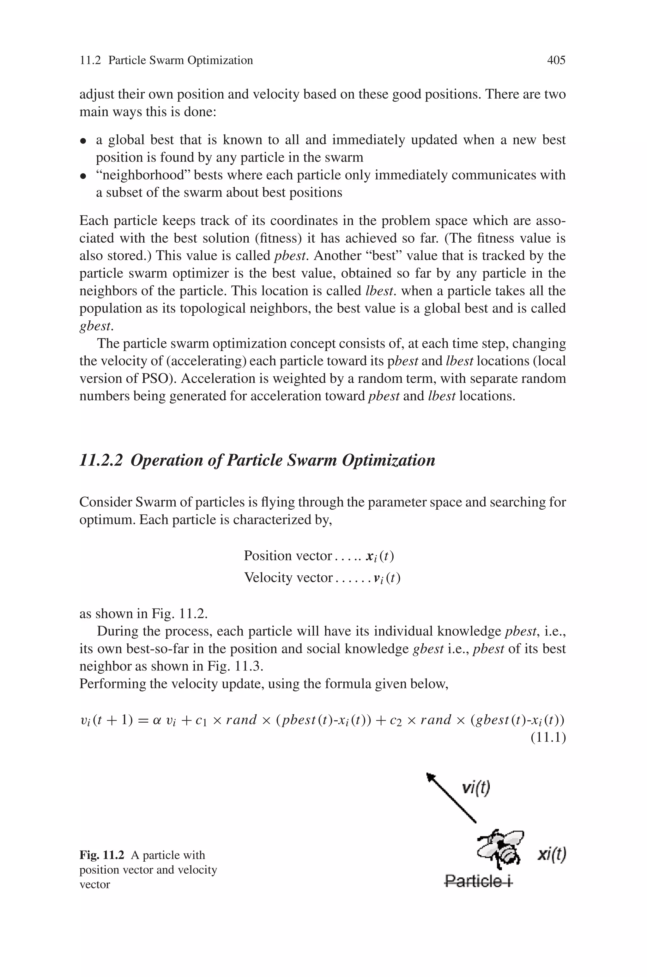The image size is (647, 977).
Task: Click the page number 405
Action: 556,61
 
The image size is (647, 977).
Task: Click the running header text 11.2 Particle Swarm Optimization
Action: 166,61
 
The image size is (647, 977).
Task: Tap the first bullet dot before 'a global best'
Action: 83,142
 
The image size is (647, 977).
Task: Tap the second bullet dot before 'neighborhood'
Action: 83,177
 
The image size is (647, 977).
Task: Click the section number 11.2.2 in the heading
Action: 101,460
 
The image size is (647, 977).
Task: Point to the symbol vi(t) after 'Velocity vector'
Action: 387,578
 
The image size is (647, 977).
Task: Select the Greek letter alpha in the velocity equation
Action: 156,720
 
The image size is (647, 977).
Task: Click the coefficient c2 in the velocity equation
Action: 395,721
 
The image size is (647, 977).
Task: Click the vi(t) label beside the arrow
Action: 476,788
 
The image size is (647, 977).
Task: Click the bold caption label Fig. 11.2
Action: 101,855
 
